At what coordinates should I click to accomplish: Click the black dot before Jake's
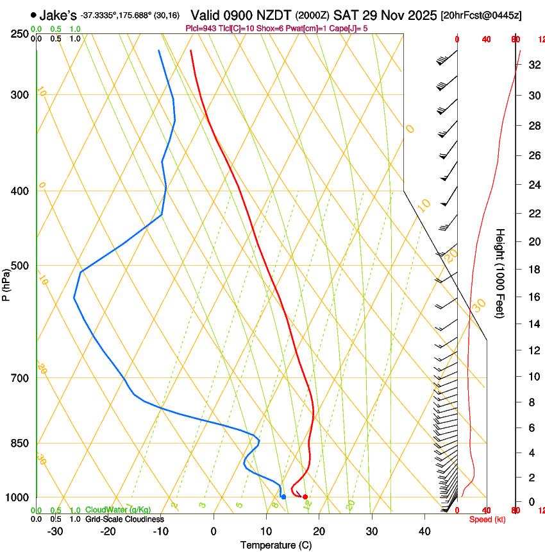pyautogui.click(x=33, y=15)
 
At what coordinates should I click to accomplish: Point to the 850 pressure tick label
pyautogui.click(x=21, y=444)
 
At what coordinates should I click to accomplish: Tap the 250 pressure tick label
pyautogui.click(x=21, y=34)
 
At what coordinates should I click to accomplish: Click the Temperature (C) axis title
pyautogui.click(x=276, y=545)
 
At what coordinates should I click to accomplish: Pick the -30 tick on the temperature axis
pyautogui.click(x=55, y=531)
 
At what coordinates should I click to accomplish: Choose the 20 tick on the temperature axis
pyautogui.click(x=319, y=531)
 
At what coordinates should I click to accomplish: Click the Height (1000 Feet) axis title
pyautogui.click(x=500, y=273)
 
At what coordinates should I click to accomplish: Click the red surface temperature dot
pyautogui.click(x=305, y=497)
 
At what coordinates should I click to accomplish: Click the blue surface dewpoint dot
pyautogui.click(x=283, y=497)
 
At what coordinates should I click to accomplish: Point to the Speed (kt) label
pyautogui.click(x=487, y=519)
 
